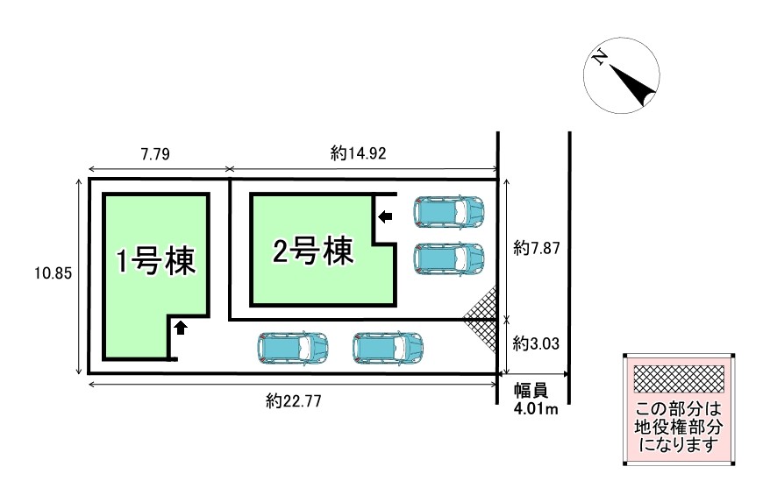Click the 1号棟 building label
coord(155,261)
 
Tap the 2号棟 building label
coord(313,252)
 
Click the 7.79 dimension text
coord(154,153)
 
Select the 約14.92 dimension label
coord(359,153)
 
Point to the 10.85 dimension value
coord(49,273)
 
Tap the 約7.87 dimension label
coord(537,248)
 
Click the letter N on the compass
coord(600,59)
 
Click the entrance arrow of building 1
coord(180,328)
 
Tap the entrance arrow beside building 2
coord(386,216)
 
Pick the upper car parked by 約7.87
coord(449,211)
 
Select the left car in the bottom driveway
coord(294,348)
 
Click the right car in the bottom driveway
coord(388,348)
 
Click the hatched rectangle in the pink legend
coord(678,379)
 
